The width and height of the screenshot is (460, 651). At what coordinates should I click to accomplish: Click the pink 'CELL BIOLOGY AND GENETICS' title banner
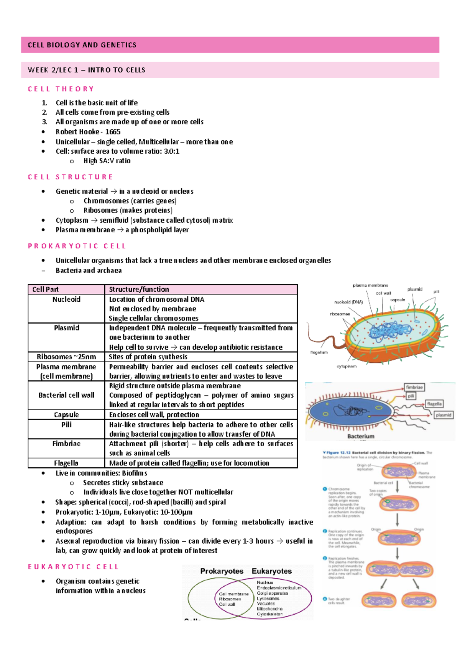(230, 45)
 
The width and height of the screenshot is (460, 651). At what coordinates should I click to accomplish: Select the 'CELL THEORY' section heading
(61, 89)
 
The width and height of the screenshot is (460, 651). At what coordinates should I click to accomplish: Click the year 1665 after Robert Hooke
(113, 132)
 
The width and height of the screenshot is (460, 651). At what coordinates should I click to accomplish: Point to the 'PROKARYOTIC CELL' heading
(77, 246)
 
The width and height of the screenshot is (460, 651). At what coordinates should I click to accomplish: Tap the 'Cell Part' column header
(46, 289)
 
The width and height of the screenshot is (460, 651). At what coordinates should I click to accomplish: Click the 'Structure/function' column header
(139, 289)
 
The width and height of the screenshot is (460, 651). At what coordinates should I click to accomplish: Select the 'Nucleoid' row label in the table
(66, 299)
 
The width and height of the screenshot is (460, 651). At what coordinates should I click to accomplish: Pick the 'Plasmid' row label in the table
(66, 328)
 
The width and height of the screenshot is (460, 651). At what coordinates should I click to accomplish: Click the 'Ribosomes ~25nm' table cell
(66, 357)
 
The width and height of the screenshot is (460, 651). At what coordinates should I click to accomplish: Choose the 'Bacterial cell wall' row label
(66, 395)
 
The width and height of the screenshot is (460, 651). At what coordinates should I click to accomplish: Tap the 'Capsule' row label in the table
(66, 415)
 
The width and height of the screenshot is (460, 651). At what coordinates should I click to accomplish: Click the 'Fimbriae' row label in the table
(66, 444)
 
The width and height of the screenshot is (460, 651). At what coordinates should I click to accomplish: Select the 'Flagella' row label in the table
(66, 463)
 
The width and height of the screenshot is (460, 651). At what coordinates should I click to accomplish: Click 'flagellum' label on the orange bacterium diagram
(319, 352)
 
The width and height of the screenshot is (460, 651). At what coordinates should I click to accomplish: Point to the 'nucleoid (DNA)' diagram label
(348, 302)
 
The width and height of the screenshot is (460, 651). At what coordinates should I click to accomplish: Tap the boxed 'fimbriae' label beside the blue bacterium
(414, 387)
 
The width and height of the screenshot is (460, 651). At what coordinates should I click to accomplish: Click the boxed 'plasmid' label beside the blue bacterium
(444, 415)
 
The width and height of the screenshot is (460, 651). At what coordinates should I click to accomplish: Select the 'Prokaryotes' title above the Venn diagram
(222, 571)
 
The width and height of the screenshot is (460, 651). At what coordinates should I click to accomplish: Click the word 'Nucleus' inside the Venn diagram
(265, 582)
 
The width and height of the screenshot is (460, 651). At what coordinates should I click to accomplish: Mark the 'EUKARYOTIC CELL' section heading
(74, 567)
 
